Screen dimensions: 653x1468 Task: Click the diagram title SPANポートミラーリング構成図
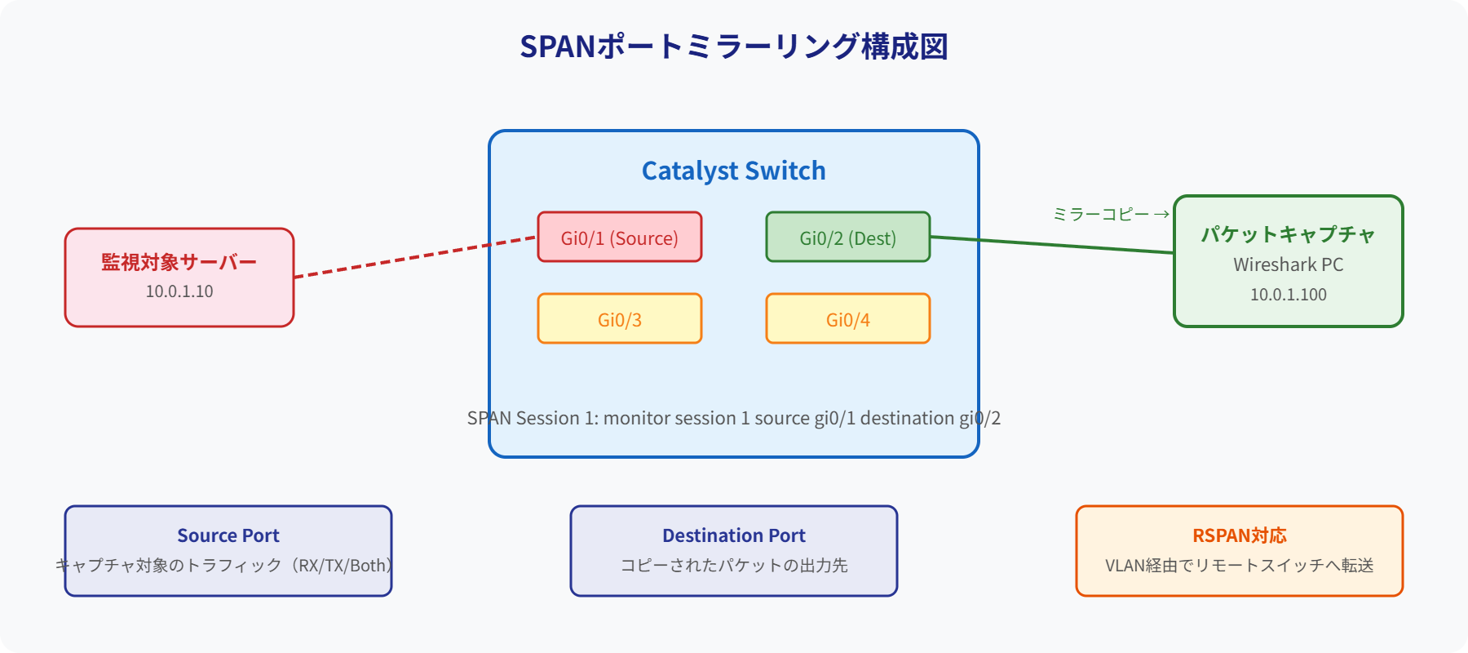click(733, 47)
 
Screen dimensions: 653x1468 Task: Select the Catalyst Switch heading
click(733, 171)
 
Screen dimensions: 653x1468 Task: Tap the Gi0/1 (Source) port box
click(619, 238)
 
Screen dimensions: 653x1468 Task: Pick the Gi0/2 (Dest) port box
click(847, 238)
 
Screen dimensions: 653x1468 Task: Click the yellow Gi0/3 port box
click(619, 319)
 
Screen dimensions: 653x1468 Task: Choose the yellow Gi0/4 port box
click(847, 319)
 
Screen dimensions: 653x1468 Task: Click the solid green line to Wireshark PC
click(1052, 245)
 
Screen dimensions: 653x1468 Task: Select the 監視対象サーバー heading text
click(179, 262)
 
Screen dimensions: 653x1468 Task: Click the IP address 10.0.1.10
click(179, 291)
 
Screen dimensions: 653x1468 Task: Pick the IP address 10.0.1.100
click(1288, 295)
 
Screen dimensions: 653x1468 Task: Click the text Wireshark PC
click(1288, 264)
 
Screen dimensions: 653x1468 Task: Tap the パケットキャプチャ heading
click(1288, 234)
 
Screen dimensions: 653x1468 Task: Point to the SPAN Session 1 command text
click(733, 418)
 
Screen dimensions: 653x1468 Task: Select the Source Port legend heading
click(228, 535)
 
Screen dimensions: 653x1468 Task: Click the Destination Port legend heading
click(733, 535)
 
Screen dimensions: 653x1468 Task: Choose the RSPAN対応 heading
click(1239, 535)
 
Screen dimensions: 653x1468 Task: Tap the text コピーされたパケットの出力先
click(733, 565)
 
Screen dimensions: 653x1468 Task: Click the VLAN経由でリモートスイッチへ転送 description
click(1239, 565)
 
